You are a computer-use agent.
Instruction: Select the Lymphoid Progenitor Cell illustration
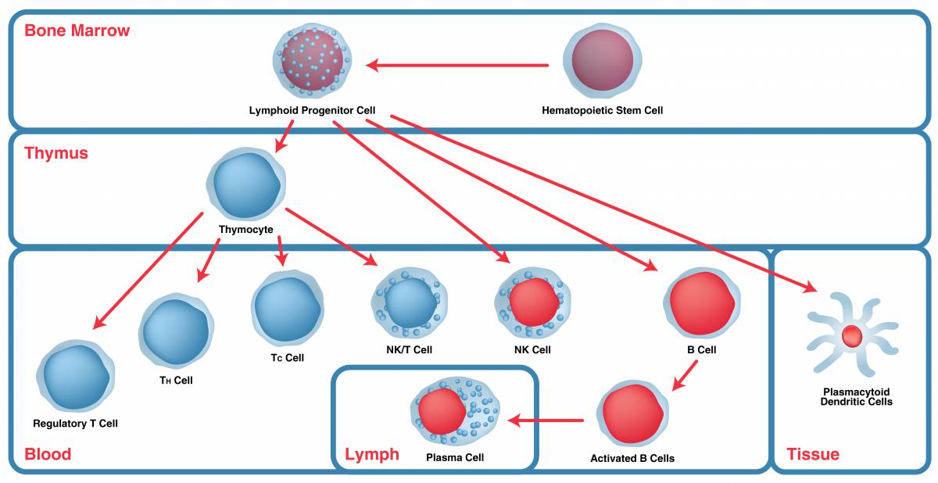(311, 59)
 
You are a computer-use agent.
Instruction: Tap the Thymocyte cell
(245, 184)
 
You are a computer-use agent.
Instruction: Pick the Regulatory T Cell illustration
(76, 377)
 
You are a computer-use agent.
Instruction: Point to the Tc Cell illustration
(287, 308)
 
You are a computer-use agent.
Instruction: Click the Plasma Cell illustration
(455, 411)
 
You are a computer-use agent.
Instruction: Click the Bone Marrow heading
(77, 31)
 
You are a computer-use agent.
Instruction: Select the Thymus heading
(56, 153)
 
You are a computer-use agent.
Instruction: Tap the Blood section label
(48, 454)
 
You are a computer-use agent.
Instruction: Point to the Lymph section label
(372, 454)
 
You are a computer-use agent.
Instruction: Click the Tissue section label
(813, 454)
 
